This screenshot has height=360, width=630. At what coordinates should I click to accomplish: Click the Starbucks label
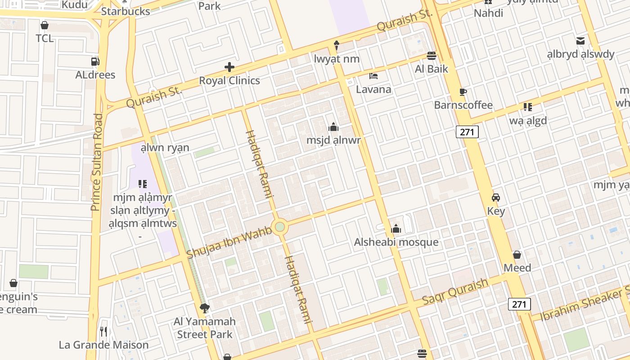126,11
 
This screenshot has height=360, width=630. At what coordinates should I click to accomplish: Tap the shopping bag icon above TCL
45,25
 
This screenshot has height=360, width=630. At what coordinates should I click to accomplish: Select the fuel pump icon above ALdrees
95,61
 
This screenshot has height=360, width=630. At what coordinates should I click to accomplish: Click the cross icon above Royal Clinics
229,67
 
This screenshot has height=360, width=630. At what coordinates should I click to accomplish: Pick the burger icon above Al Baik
432,55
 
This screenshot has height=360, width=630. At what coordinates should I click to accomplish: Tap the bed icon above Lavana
373,76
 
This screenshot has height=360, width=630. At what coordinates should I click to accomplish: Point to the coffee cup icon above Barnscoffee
463,92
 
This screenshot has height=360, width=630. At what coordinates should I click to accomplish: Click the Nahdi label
488,13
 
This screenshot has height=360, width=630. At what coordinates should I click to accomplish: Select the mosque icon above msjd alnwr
333,127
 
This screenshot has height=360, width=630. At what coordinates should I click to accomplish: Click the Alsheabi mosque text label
396,242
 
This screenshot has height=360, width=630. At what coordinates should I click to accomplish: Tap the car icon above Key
496,198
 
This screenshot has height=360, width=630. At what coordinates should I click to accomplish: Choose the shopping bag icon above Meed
517,255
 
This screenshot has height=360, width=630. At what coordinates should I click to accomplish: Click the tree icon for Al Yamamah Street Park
205,308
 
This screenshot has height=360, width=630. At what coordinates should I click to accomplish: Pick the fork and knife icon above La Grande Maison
103,332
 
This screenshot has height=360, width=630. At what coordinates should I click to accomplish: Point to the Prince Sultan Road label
97,162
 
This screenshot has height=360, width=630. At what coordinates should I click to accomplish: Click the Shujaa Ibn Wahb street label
229,243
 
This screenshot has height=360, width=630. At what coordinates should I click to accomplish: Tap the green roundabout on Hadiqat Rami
280,226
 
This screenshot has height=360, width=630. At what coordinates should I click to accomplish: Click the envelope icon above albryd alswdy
580,41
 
